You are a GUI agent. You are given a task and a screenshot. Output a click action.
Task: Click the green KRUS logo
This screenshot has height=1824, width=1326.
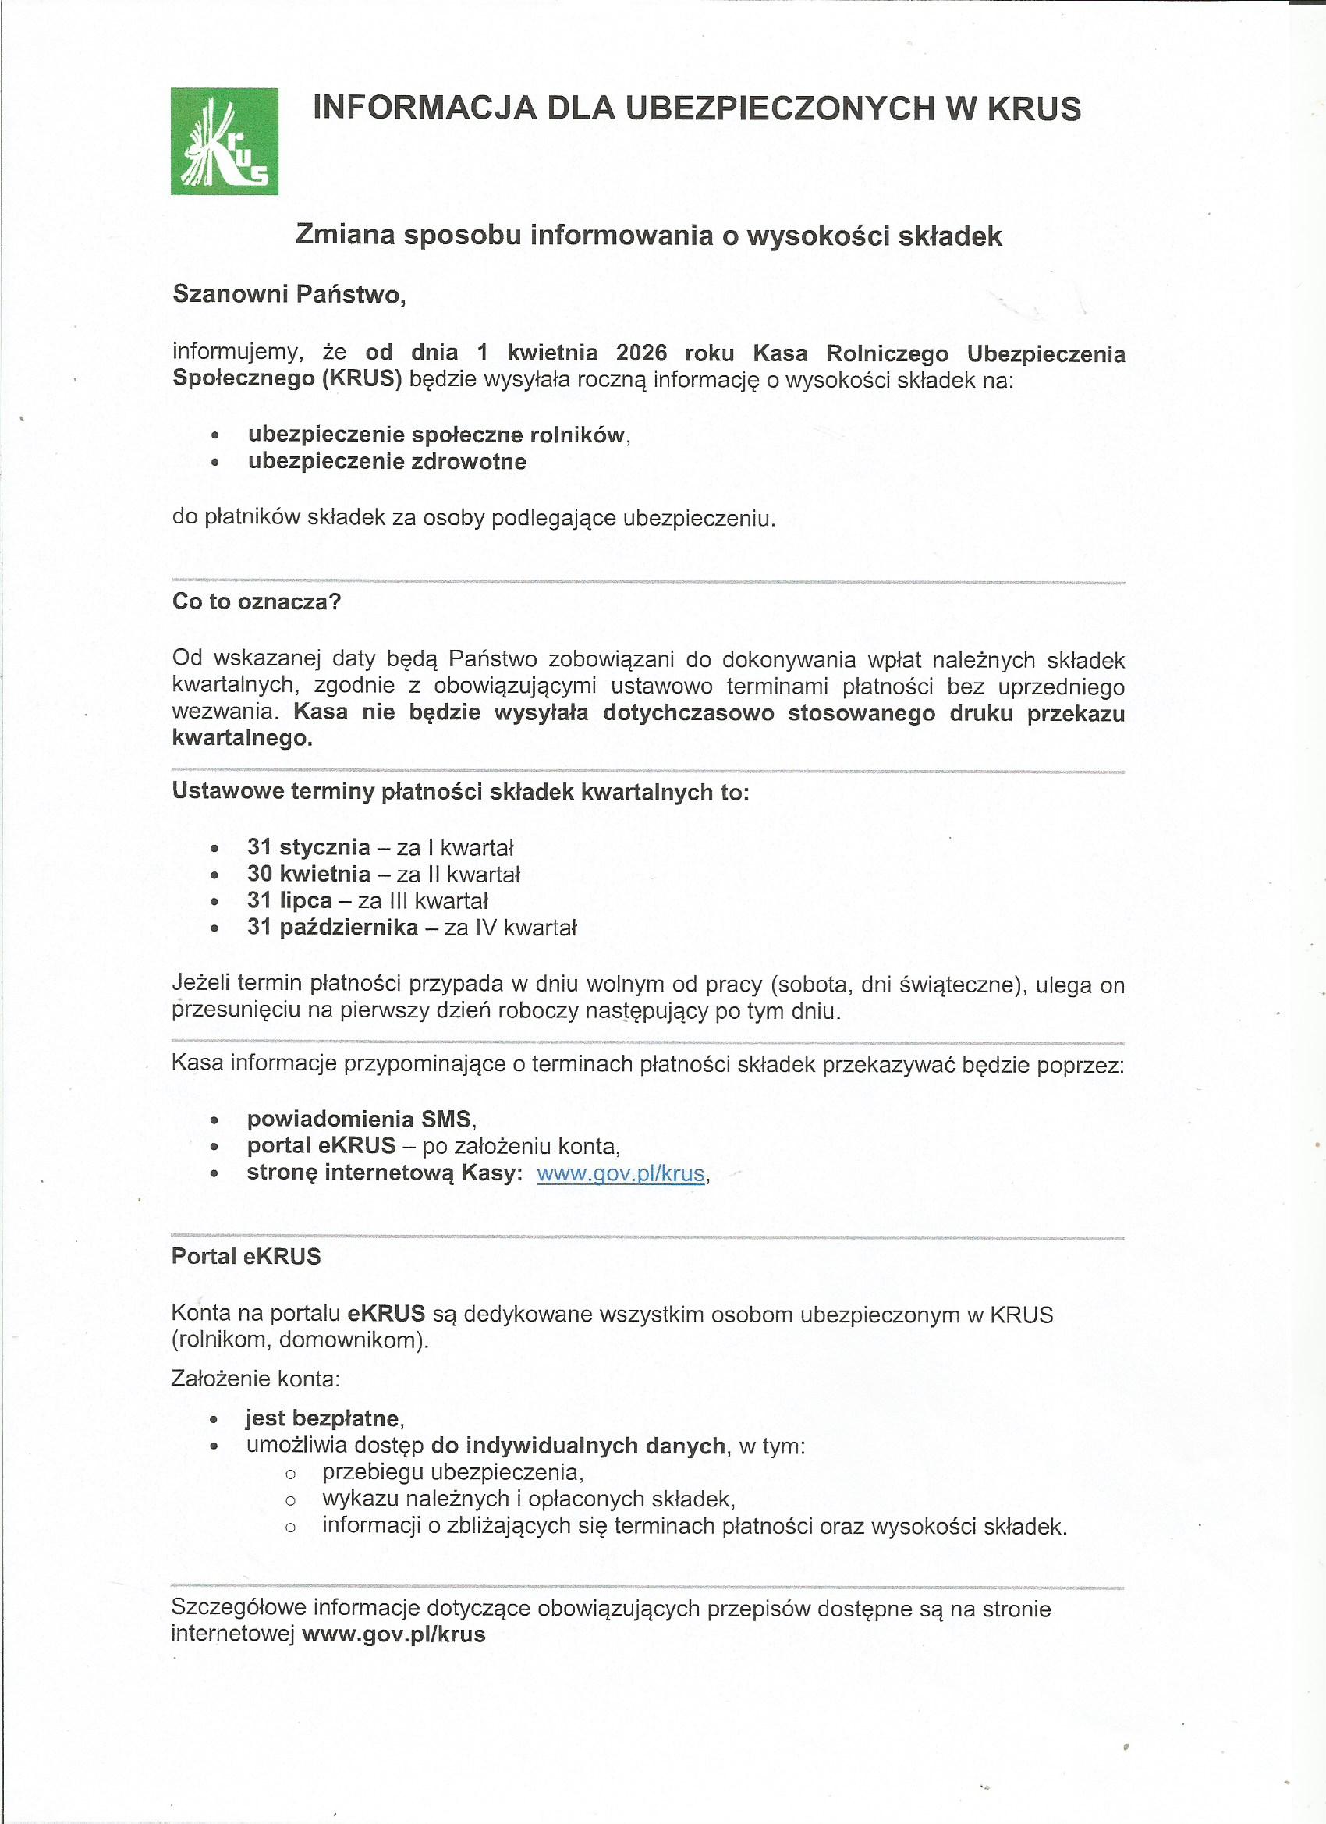225,141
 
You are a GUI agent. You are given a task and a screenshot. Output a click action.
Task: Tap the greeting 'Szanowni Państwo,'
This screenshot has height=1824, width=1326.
289,294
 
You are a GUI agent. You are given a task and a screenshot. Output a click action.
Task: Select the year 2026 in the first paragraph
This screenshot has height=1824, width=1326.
641,353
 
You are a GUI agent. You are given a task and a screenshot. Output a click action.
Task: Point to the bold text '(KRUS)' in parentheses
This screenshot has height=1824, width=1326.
362,379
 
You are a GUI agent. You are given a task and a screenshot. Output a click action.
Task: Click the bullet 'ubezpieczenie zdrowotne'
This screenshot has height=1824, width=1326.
387,462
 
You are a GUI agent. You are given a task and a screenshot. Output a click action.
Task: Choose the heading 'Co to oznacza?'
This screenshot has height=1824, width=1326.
257,601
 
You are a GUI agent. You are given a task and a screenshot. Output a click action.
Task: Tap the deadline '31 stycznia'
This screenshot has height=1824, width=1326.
309,847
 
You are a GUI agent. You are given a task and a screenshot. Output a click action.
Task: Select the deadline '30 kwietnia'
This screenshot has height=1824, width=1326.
309,874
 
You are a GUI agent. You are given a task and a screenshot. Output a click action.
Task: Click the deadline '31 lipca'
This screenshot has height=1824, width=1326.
289,900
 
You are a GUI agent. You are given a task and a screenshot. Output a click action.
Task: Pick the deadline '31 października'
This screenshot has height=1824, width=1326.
333,928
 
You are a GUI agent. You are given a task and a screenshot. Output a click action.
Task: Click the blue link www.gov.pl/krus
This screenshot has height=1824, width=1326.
620,1173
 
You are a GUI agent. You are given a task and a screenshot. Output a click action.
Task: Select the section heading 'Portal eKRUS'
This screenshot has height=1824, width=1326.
246,1256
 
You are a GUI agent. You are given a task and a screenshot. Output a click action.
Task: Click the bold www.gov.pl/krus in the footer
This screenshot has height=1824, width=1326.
394,1612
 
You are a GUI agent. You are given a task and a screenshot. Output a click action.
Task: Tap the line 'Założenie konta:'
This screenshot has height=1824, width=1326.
256,1379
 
